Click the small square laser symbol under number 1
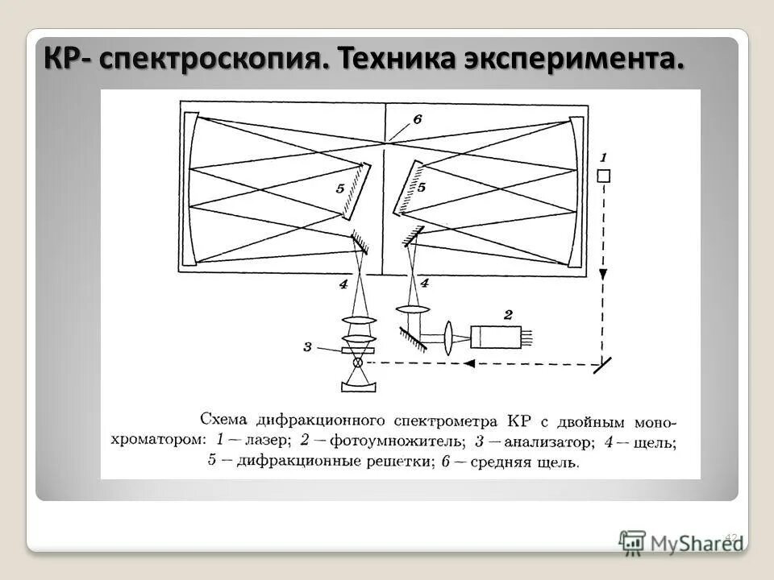pyautogui.click(x=603, y=176)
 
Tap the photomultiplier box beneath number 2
pyautogui.click(x=495, y=337)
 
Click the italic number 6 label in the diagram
pyautogui.click(x=417, y=119)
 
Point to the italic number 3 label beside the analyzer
pyautogui.click(x=307, y=347)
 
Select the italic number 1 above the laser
pyautogui.click(x=603, y=157)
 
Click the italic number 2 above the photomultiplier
pyautogui.click(x=507, y=314)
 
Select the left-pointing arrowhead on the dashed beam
pyautogui.click(x=467, y=362)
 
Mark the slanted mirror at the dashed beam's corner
pyautogui.click(x=601, y=364)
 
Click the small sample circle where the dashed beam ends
pyautogui.click(x=357, y=362)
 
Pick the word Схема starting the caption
pyautogui.click(x=225, y=420)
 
